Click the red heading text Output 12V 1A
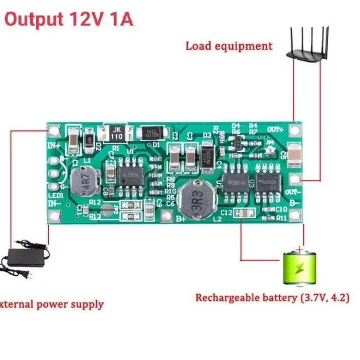69,19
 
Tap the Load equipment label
229,46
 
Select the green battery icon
299,267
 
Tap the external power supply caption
51,304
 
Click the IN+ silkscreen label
55,146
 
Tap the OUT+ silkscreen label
276,129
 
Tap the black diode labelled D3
207,155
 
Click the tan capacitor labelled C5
294,154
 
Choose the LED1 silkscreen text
56,195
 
